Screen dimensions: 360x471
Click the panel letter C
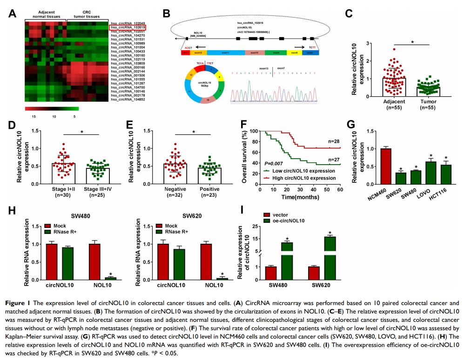pos(348,13)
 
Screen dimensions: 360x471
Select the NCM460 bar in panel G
pos(385,167)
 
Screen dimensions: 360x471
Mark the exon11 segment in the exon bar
pos(226,53)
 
